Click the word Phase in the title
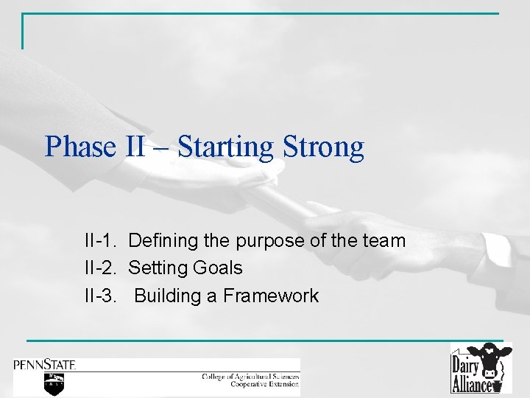79,147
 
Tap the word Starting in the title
225,147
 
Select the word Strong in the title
322,147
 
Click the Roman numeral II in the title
135,147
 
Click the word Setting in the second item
156,268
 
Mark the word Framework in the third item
270,296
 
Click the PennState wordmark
44,365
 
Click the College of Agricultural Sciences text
250,377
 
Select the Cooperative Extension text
264,384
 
